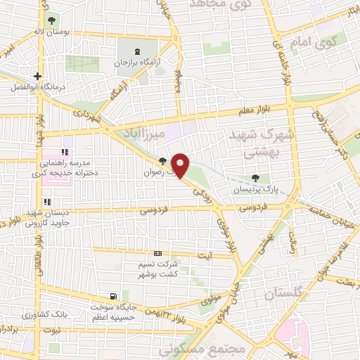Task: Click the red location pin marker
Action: [x=181, y=165]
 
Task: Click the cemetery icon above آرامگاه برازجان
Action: [x=137, y=52]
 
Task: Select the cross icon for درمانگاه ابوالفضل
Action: [x=37, y=77]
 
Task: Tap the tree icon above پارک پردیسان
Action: [x=254, y=179]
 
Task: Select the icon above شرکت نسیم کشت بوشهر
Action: [x=157, y=253]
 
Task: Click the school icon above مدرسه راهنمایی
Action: [x=65, y=151]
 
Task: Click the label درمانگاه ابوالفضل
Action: [x=38, y=88]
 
